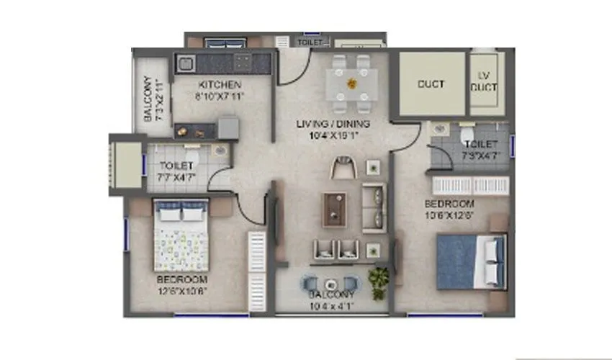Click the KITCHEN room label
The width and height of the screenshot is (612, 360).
point(215,84)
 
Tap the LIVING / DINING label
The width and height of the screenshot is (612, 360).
point(328,123)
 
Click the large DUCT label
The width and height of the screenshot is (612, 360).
point(431,84)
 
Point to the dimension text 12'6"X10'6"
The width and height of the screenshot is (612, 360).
point(182,291)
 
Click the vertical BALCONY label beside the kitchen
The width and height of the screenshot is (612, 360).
point(148,99)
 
